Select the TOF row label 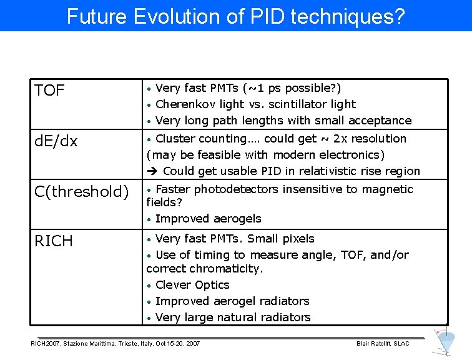pos(50,91)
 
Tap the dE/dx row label pos(56,141)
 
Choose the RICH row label pos(54,241)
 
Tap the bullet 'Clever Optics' pos(192,285)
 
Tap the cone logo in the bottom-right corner pos(446,342)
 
